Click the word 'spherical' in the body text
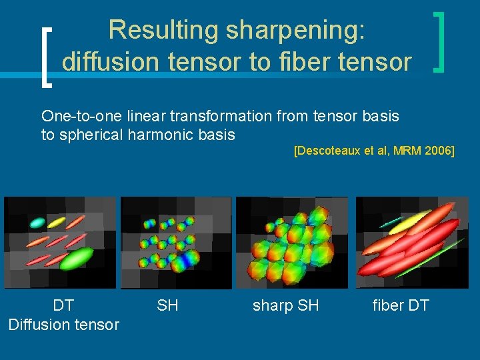click(x=90, y=135)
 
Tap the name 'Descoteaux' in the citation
click(x=326, y=151)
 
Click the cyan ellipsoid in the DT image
click(x=37, y=223)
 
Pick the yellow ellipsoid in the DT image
click(x=56, y=222)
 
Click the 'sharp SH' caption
click(x=285, y=306)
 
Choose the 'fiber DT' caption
click(x=400, y=306)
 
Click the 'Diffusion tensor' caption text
click(x=63, y=325)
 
